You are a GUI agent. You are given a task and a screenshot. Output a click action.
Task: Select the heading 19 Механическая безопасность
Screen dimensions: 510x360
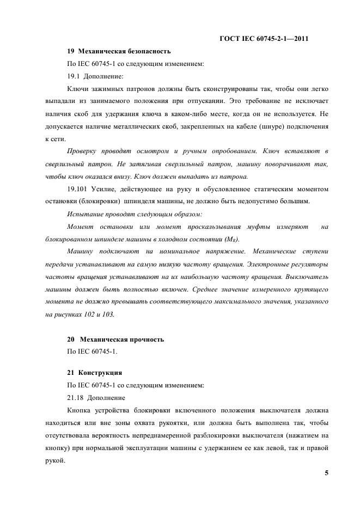(119, 51)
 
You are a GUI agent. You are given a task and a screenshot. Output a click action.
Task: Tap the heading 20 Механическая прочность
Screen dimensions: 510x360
(115, 339)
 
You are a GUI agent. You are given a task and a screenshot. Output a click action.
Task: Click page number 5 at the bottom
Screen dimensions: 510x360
(326, 473)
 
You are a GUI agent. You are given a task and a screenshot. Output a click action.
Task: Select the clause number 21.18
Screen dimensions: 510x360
(75, 398)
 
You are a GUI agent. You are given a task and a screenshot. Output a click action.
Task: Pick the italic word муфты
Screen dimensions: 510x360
(237, 227)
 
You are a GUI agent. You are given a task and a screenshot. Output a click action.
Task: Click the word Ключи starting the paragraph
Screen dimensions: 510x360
(77, 89)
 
